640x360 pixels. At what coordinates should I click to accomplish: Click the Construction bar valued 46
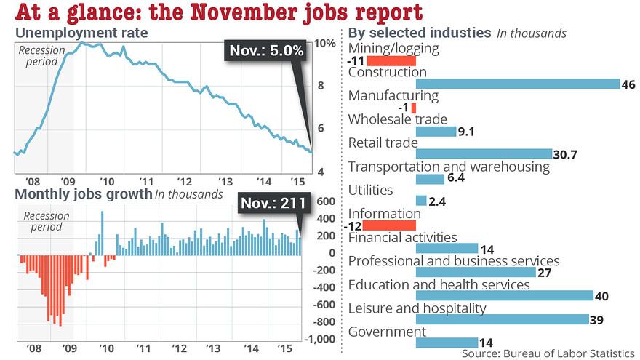pyautogui.click(x=517, y=84)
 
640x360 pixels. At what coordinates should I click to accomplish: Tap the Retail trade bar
pyautogui.click(x=484, y=154)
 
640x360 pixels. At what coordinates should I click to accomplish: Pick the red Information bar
pyautogui.click(x=389, y=225)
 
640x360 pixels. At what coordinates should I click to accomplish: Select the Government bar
pyautogui.click(x=447, y=343)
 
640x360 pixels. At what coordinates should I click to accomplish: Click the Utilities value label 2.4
pyautogui.click(x=437, y=201)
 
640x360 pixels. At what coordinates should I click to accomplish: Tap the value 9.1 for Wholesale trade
pyautogui.click(x=467, y=132)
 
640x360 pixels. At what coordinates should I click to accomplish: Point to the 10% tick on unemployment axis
pyautogui.click(x=325, y=44)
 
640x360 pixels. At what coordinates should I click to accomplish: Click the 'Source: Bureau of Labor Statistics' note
pyautogui.click(x=548, y=353)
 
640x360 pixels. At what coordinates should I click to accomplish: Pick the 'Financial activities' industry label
pyautogui.click(x=402, y=237)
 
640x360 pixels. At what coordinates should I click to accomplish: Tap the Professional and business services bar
pyautogui.click(x=475, y=272)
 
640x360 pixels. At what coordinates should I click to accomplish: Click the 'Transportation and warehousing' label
pyautogui.click(x=449, y=167)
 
